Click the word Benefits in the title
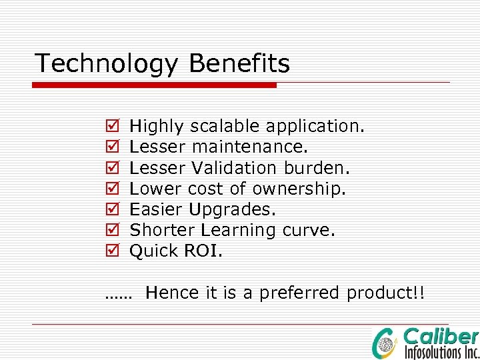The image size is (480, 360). click(239, 64)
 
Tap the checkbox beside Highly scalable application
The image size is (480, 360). click(111, 125)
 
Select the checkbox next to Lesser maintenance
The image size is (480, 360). click(111, 147)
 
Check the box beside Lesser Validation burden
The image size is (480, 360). click(111, 167)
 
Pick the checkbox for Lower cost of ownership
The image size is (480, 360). click(111, 189)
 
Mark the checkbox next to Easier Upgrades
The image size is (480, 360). click(111, 209)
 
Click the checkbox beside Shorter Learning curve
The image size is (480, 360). click(111, 231)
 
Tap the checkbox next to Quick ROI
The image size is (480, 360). click(111, 251)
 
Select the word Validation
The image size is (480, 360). click(234, 167)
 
